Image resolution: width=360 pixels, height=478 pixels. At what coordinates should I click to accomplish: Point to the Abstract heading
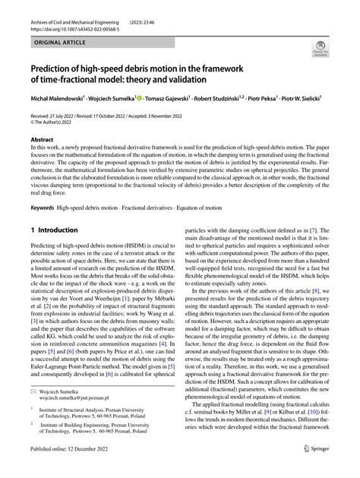click(x=42, y=140)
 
